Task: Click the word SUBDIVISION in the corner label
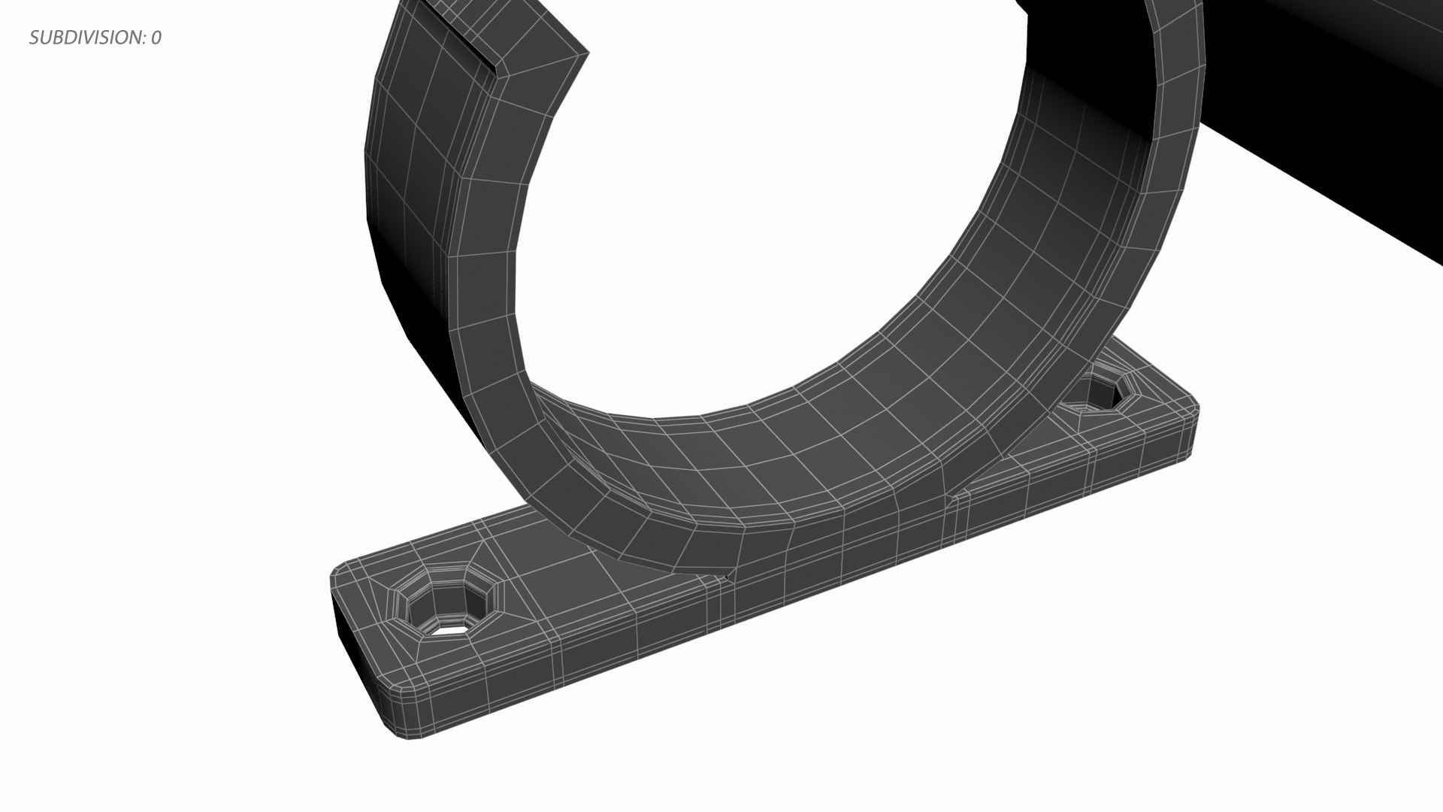point(84,38)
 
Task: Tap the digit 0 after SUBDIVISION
point(156,38)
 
